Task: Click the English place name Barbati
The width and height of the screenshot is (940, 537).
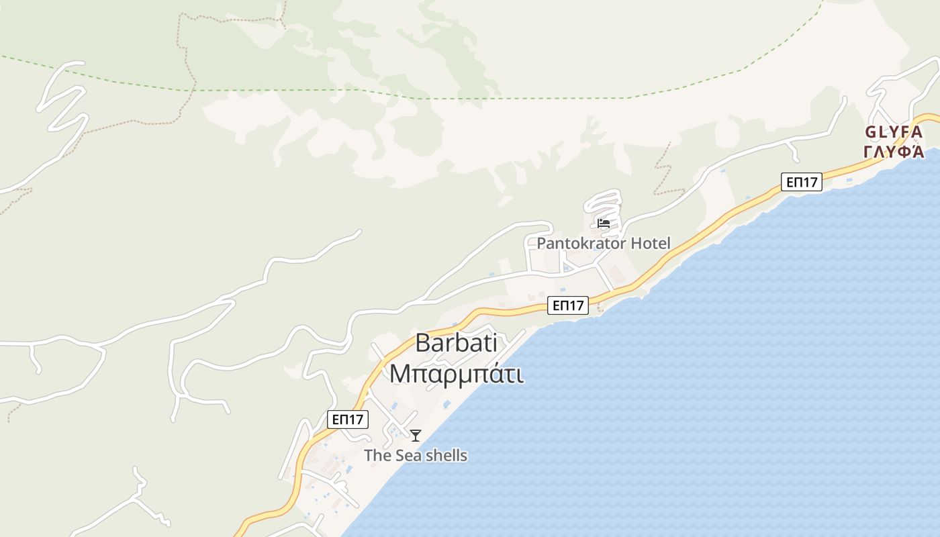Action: tap(457, 343)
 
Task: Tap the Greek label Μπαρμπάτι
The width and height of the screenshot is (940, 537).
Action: tap(457, 373)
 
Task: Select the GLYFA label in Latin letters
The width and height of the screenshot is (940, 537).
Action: tap(894, 132)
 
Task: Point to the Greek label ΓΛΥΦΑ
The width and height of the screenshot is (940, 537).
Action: tap(894, 152)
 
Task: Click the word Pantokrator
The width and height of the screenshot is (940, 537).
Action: tap(577, 243)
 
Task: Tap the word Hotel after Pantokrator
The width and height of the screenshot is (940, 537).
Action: tap(648, 243)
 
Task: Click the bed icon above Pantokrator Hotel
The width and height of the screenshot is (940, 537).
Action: tap(603, 223)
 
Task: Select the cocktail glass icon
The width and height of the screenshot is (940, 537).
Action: tap(416, 436)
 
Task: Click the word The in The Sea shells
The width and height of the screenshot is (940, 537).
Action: tap(377, 456)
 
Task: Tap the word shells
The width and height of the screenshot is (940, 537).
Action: tap(446, 456)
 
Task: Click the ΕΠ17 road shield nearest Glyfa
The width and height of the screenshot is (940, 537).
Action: tap(802, 181)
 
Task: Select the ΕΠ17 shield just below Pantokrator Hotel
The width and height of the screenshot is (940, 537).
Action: tap(568, 305)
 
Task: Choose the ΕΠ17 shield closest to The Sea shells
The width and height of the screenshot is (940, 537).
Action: tap(348, 420)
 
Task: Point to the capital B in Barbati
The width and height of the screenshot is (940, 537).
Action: tap(422, 343)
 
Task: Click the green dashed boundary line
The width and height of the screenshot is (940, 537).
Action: tap(470, 99)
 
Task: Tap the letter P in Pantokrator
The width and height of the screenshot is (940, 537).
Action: tap(541, 243)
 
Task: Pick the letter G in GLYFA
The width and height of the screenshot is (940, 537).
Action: tap(872, 132)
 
